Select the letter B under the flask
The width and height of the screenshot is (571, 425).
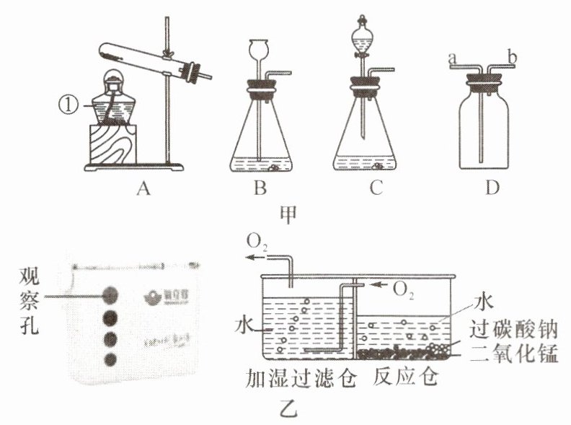tap(260, 190)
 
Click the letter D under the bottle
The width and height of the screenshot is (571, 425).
tap(492, 190)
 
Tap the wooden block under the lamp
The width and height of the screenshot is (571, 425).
tap(112, 144)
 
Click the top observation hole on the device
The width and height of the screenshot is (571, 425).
tap(110, 294)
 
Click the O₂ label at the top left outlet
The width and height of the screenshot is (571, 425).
tap(258, 240)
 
